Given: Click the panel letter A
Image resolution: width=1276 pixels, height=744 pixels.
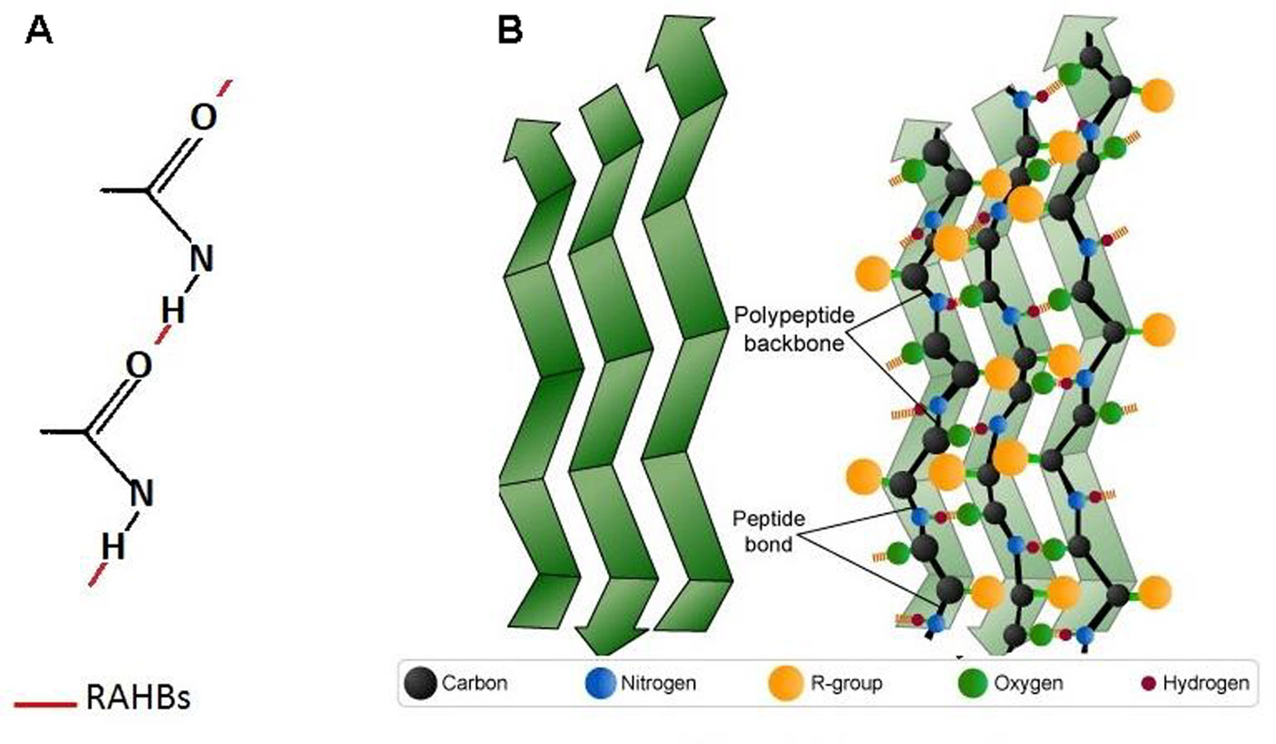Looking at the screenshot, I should [40, 31].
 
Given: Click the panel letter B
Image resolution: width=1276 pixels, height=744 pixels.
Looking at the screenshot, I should [510, 31].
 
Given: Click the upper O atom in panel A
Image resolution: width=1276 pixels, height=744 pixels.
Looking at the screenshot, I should [203, 119].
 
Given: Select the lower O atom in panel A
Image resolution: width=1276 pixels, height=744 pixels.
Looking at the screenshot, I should [138, 364].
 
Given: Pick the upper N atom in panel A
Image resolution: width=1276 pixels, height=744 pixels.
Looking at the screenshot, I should [202, 260].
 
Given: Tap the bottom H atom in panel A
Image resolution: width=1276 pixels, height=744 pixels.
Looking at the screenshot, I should [113, 546].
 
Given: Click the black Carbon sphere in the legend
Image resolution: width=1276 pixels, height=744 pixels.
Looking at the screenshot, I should [420, 682].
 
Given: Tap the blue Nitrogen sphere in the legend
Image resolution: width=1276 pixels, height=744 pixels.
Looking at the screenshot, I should [598, 682].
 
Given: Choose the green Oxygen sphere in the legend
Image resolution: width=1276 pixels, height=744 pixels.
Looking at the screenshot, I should [973, 682].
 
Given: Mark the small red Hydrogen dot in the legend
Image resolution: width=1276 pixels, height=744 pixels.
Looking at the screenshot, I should [1148, 682].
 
